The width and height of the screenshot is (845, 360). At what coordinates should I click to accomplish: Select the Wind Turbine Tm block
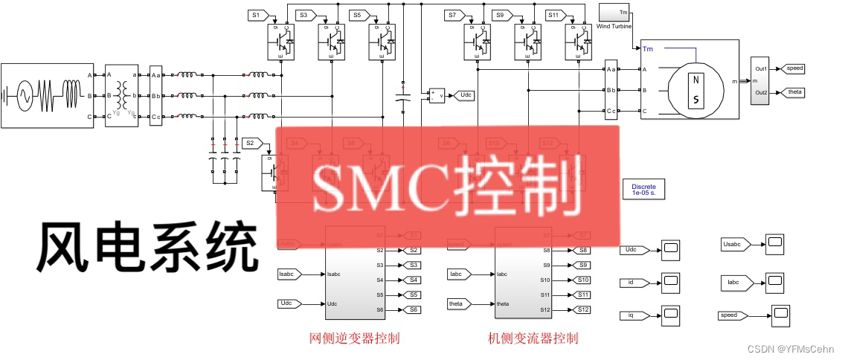614,13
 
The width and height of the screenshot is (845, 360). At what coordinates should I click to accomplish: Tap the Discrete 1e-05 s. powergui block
644,189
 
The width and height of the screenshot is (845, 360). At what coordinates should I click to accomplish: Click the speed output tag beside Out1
791,68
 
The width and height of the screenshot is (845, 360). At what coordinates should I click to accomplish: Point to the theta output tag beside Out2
791,92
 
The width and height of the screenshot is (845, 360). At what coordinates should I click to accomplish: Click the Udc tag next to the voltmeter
466,95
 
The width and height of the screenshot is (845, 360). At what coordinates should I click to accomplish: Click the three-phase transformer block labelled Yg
122,96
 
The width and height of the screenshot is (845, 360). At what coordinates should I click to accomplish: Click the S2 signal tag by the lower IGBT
251,143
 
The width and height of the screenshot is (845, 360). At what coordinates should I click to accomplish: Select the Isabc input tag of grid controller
288,274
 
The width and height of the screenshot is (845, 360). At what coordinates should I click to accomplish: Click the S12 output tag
582,309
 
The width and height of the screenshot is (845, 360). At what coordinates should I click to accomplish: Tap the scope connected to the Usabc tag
775,242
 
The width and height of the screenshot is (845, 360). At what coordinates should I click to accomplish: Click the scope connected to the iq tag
670,315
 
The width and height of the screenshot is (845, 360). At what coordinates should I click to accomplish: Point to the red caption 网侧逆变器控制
355,338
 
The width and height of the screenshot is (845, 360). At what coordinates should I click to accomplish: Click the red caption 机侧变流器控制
533,338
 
